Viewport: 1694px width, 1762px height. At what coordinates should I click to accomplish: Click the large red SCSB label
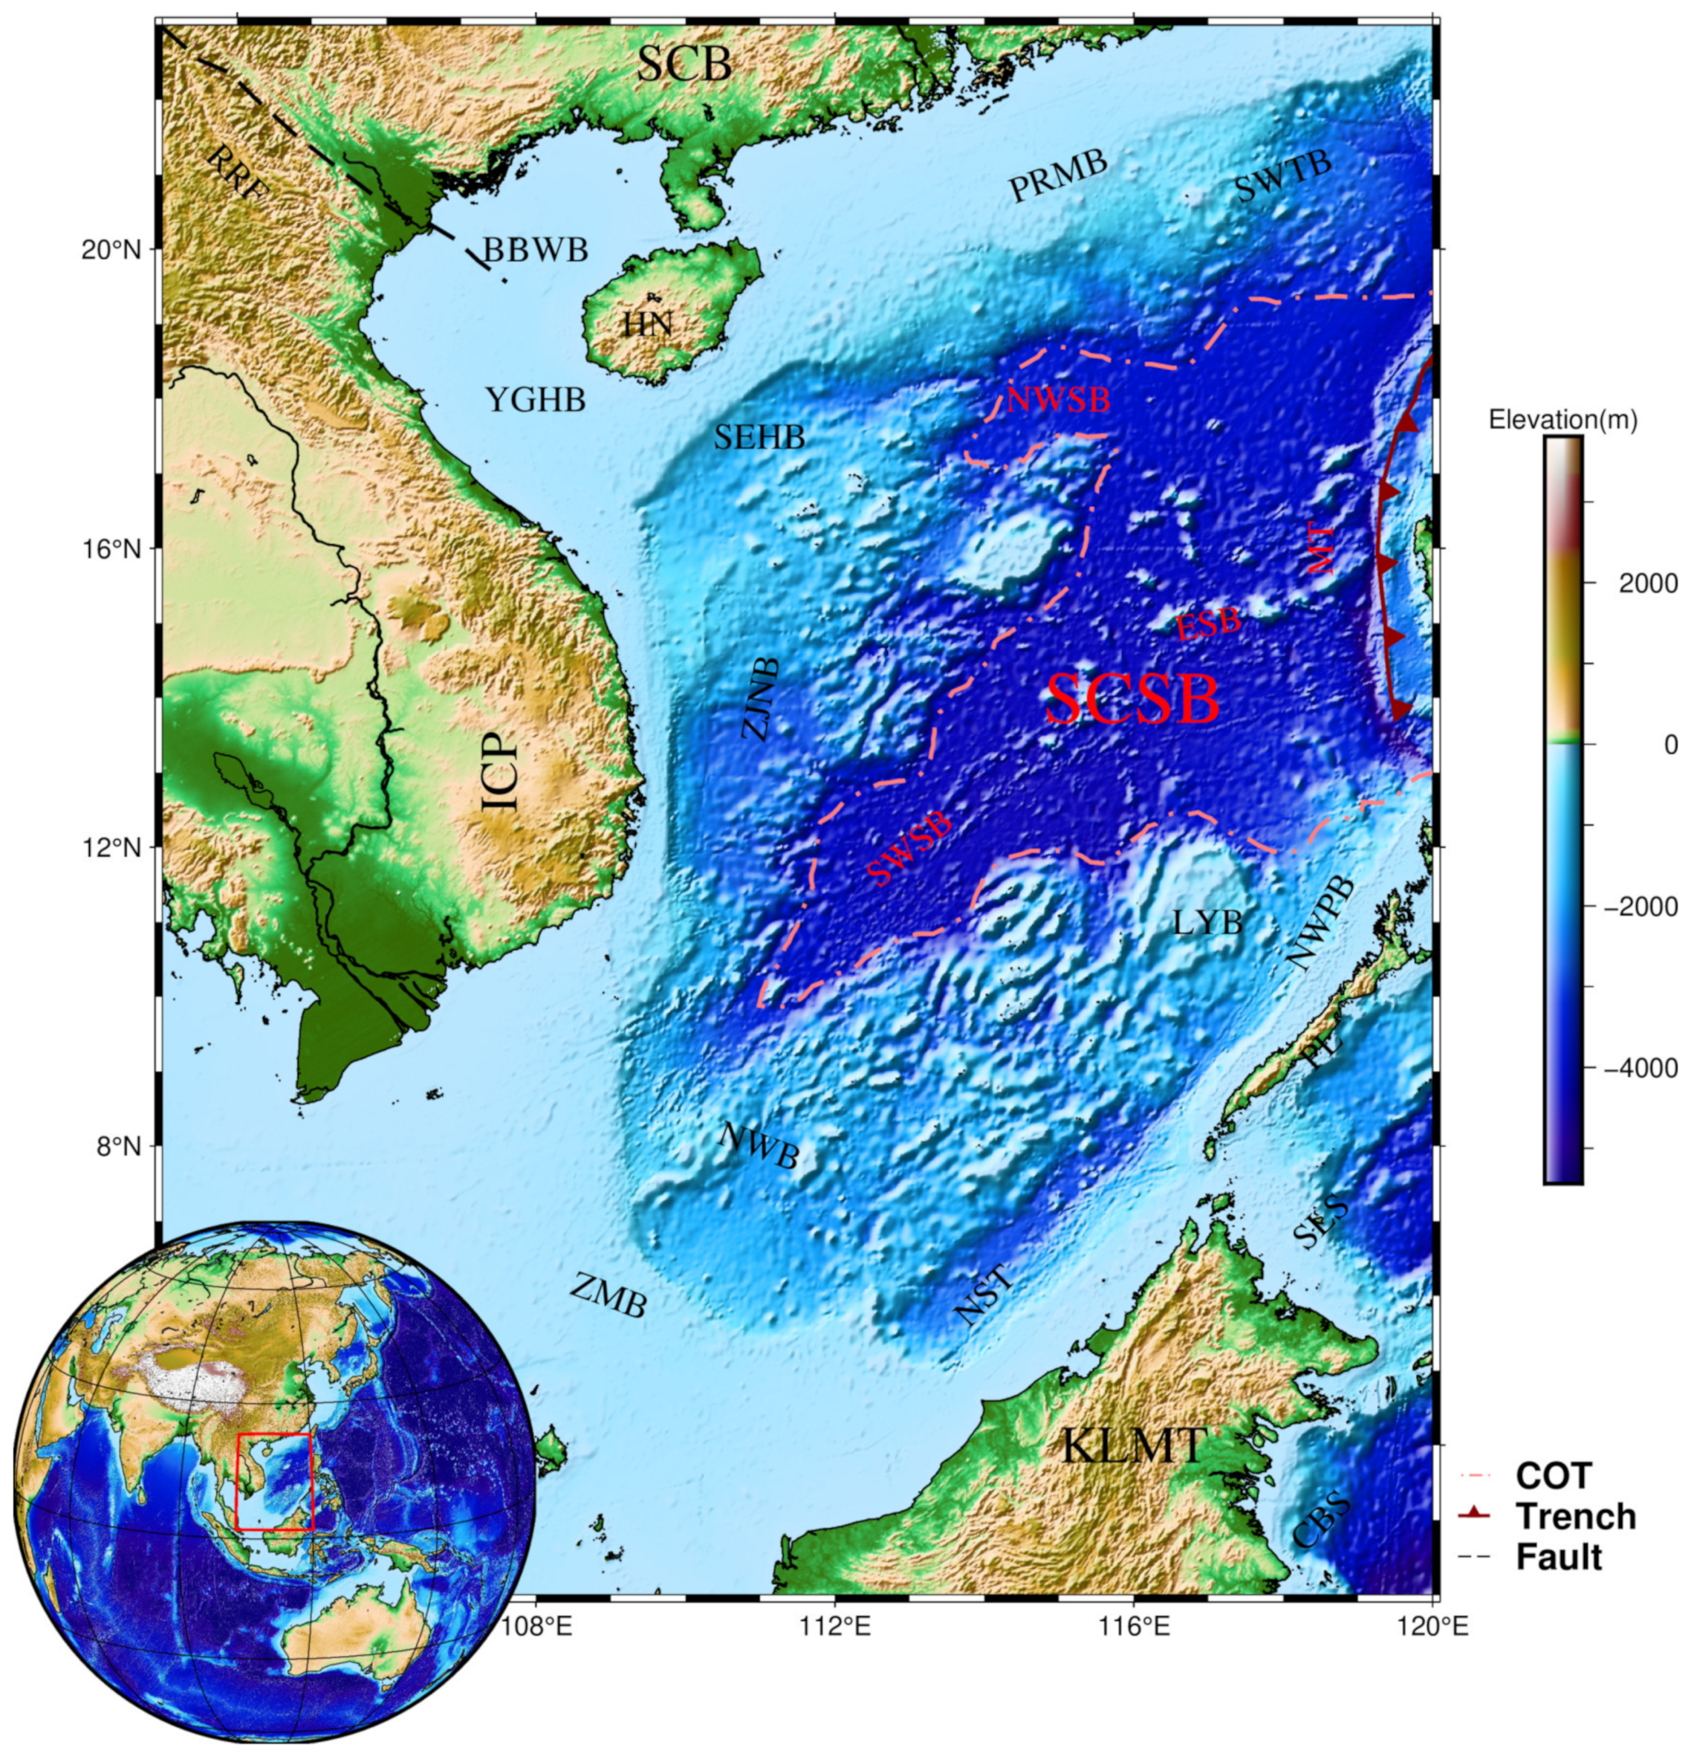click(1132, 700)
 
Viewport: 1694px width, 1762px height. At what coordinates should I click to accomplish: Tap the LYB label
click(1207, 922)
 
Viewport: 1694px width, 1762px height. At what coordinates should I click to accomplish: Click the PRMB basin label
click(1058, 176)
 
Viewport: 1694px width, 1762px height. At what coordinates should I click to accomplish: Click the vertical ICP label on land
click(502, 771)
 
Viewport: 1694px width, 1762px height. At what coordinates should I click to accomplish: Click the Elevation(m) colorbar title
click(1562, 420)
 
